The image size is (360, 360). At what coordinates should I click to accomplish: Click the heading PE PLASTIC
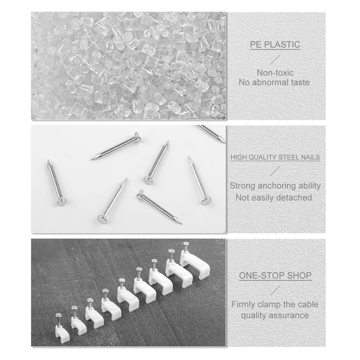click(x=275, y=45)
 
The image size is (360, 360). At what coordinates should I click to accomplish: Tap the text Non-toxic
click(x=275, y=73)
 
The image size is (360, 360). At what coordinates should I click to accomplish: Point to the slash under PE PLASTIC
click(x=275, y=59)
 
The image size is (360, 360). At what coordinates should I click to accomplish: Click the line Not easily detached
click(x=274, y=198)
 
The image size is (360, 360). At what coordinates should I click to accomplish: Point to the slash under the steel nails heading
click(x=275, y=171)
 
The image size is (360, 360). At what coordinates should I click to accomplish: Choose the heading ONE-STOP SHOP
click(x=275, y=276)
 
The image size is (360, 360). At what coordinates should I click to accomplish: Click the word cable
click(x=307, y=304)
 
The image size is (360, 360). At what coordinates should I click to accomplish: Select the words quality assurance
click(x=275, y=315)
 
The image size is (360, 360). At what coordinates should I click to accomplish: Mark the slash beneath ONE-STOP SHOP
click(x=275, y=290)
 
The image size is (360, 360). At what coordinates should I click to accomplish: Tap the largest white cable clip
click(x=191, y=264)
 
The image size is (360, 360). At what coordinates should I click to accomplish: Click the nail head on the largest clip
click(x=186, y=244)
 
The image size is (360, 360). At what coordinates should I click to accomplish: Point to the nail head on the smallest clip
click(x=59, y=315)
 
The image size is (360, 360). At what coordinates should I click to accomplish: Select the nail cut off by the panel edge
click(x=212, y=134)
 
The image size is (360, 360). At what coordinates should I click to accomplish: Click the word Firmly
click(x=243, y=304)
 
